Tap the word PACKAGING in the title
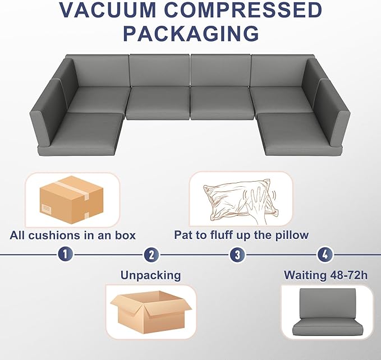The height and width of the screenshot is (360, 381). pyautogui.click(x=191, y=33)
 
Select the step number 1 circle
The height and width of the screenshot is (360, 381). pyautogui.click(x=66, y=255)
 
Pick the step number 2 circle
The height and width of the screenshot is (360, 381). pyautogui.click(x=151, y=255)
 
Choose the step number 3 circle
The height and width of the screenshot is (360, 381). pyautogui.click(x=237, y=255)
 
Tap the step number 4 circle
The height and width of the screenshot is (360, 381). pyautogui.click(x=324, y=255)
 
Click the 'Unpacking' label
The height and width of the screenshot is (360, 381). pyautogui.click(x=150, y=275)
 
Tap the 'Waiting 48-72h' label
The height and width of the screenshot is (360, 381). pyautogui.click(x=326, y=275)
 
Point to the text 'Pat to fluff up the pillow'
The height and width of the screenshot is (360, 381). pyautogui.click(x=241, y=235)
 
